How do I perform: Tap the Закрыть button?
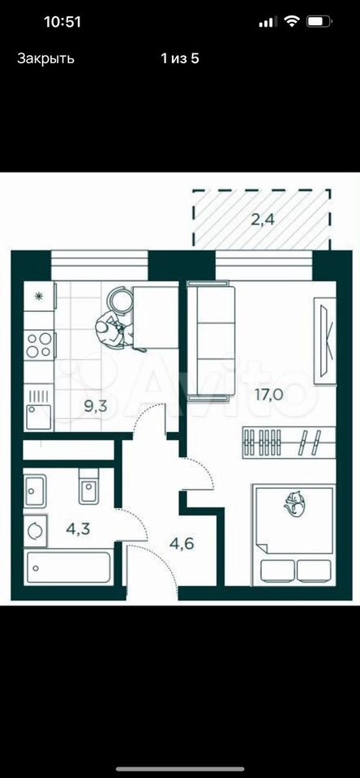(x=45, y=58)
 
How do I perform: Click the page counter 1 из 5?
(x=180, y=58)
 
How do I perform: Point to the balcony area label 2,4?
(x=263, y=219)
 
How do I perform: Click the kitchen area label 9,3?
(x=96, y=408)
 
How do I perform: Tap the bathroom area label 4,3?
(x=78, y=528)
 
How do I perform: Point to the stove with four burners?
(x=39, y=345)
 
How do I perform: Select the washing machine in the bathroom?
(x=35, y=531)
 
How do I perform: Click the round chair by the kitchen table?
(x=120, y=301)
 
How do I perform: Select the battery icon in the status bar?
(x=319, y=22)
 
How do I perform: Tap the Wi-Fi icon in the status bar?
(x=291, y=22)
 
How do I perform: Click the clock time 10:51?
(x=62, y=23)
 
